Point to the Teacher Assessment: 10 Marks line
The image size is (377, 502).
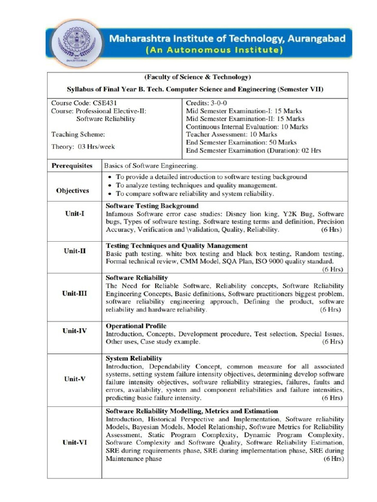tap(232, 134)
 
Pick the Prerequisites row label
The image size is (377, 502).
tap(72, 166)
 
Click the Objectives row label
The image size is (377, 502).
tap(72, 190)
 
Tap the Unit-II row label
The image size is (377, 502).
tap(75, 251)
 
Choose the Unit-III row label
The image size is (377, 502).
tap(75, 294)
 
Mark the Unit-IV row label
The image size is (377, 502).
tap(75, 330)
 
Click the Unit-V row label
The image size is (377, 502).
tap(75, 378)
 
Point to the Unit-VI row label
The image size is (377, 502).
tap(75, 442)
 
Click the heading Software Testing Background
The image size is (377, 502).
tap(152, 206)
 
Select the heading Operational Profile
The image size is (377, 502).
tap(136, 326)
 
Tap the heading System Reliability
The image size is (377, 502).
tap(134, 358)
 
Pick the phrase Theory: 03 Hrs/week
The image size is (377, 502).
tap(83, 146)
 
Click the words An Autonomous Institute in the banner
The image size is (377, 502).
tap(214, 50)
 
